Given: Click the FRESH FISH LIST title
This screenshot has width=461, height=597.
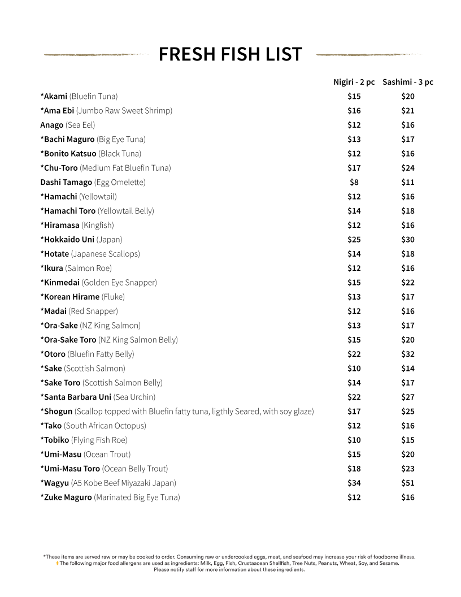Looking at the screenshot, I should (x=230, y=54).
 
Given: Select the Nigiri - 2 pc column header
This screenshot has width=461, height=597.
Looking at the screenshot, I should (x=354, y=82).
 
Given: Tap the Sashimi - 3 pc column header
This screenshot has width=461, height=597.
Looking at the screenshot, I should (x=408, y=82).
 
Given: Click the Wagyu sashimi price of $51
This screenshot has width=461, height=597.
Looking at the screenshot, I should (x=408, y=483).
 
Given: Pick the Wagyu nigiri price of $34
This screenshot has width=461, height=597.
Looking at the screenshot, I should (x=354, y=483).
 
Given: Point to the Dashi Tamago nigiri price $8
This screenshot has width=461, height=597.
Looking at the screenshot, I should (x=354, y=182).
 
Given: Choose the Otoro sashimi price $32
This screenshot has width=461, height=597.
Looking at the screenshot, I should (x=408, y=354).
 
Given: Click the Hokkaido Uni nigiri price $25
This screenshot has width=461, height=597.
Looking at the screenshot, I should (x=354, y=239).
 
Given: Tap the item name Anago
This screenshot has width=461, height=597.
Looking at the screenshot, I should (x=52, y=125).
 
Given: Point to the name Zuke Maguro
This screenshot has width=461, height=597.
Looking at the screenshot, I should (x=67, y=497).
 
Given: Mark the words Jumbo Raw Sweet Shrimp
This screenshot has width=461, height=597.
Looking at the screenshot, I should (x=124, y=110).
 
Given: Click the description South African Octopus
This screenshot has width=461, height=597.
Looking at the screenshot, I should (x=105, y=426).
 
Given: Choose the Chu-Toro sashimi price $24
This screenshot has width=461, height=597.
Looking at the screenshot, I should (x=408, y=168).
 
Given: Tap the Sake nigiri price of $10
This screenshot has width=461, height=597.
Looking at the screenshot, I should (x=354, y=368).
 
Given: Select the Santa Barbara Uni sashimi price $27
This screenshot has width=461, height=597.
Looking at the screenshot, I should (x=408, y=397).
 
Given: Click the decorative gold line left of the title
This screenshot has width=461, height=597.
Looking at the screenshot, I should (x=93, y=55).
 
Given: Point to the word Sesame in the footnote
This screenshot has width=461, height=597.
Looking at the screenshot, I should (x=389, y=563).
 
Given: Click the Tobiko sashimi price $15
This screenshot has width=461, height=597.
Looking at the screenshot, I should (x=408, y=440).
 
